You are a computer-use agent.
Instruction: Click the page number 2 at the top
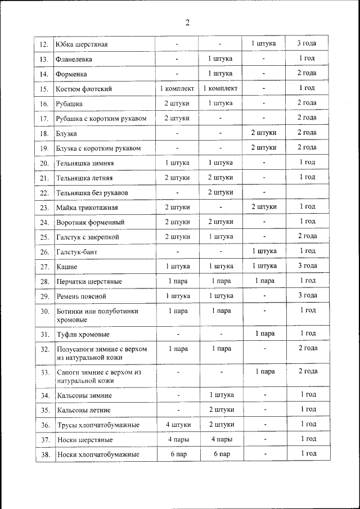pos(187,22)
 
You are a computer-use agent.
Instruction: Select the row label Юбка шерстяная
pos(82,44)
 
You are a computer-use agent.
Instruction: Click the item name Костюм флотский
pos(84,89)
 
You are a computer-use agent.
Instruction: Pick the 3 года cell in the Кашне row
pos(307,266)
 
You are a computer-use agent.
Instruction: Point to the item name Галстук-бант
pos(77,251)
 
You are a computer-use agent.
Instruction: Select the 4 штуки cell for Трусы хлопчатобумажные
pos(177,425)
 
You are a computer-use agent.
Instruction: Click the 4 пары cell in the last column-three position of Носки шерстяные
pos(221,439)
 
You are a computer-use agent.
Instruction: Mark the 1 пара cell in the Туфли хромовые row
pos(264,334)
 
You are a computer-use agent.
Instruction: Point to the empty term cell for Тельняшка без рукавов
pos(307,192)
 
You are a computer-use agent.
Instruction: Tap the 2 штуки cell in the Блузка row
pos(264,133)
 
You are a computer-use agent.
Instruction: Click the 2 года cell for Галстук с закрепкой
pos(307,236)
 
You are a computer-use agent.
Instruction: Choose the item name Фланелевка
pos(74,59)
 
